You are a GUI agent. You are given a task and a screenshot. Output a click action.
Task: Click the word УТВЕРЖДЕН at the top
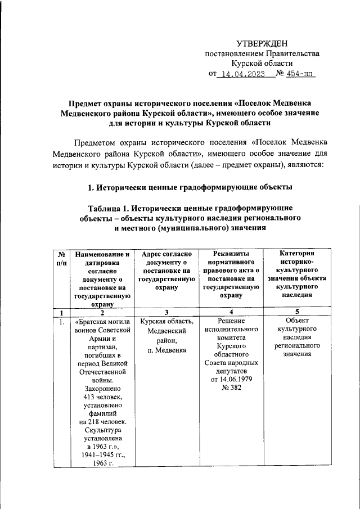click(262, 43)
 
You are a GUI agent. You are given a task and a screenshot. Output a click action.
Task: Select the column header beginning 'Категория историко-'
click(297, 274)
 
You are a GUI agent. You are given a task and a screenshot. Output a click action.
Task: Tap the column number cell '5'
click(297, 312)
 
